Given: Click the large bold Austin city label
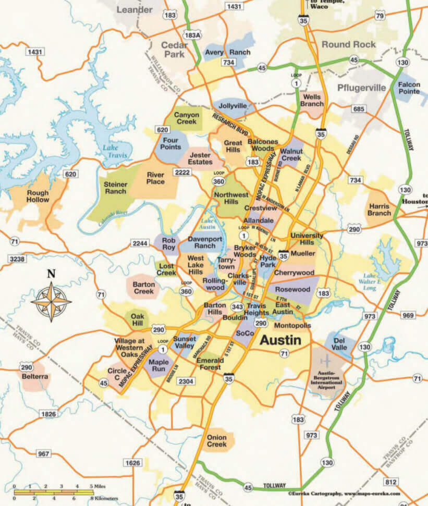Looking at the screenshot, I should (280, 340).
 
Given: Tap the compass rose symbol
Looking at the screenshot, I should (51, 301).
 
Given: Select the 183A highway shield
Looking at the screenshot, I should (192, 35).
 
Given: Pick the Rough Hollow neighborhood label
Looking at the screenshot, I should (38, 196).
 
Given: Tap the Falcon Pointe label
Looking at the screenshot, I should (409, 88).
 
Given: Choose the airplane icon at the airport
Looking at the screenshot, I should (326, 361).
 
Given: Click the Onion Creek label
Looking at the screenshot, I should (216, 441).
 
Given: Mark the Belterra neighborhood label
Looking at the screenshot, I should (35, 376).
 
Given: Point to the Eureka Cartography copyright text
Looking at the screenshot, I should (344, 493).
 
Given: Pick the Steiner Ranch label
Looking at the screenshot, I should (115, 188).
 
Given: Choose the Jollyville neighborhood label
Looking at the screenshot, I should (233, 106).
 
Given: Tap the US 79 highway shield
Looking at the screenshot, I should (380, 16).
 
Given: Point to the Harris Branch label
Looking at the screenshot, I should (379, 209).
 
